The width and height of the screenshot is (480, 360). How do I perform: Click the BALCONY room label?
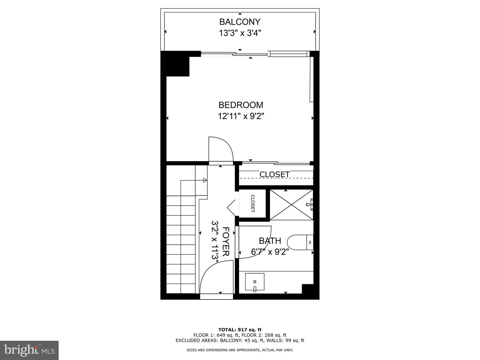coord(240,22)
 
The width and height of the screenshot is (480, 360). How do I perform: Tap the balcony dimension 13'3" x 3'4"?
coord(240,33)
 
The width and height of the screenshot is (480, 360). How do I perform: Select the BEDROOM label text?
coord(241,105)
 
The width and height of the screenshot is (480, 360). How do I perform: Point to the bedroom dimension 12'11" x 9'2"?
coord(241,116)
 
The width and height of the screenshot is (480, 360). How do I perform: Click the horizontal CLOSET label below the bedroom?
coord(274,174)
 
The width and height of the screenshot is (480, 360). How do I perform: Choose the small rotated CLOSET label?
coord(252,203)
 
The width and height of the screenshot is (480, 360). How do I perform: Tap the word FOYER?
coord(226,241)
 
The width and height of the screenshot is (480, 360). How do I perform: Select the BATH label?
coord(270,241)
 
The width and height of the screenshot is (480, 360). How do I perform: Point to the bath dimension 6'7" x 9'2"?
coord(270,252)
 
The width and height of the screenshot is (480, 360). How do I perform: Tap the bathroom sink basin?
coord(255,282)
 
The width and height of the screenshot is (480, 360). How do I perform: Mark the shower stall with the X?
coord(291,205)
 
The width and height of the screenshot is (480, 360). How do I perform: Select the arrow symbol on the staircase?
coord(205,180)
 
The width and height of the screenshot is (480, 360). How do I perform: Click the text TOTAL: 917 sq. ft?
coord(240,330)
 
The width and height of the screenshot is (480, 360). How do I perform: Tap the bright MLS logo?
coord(29,350)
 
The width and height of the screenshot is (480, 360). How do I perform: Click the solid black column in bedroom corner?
coord(175,64)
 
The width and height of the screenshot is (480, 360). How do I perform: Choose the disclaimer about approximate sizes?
coord(240,350)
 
